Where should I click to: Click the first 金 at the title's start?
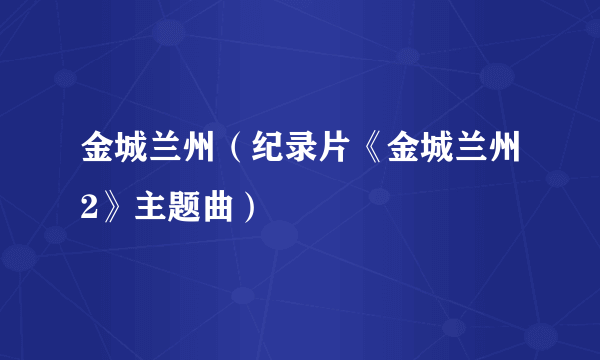coord(96,156)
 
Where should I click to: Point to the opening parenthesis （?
coord(233,156)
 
